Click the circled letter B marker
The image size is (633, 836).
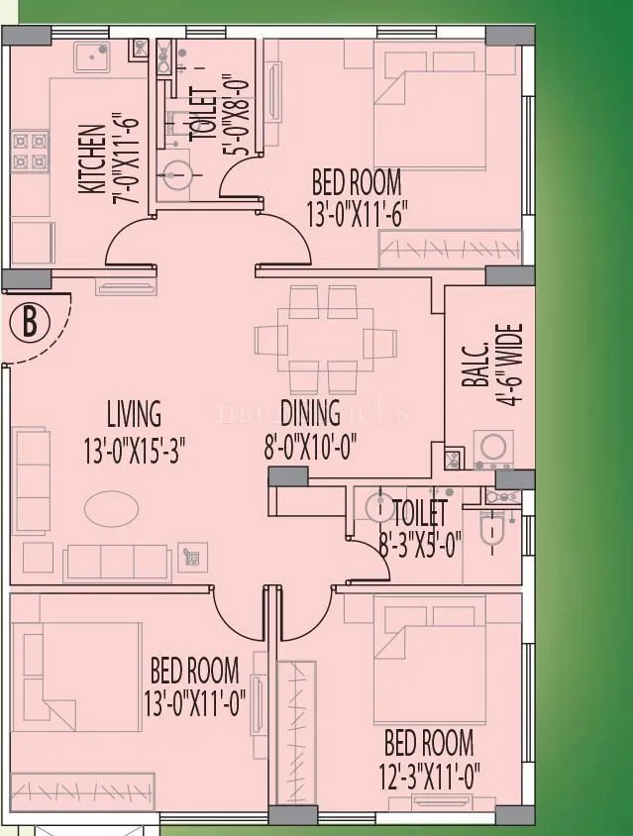click(x=31, y=322)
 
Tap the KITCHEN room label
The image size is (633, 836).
click(x=91, y=158)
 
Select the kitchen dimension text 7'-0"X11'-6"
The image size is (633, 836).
click(x=125, y=158)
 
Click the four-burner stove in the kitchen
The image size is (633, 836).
click(x=29, y=151)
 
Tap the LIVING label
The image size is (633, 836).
click(x=134, y=413)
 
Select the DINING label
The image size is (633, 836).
click(x=310, y=412)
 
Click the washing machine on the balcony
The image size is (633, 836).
click(x=492, y=449)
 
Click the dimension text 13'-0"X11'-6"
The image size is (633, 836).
click(x=358, y=214)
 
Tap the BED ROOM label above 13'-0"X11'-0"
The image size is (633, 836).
click(x=194, y=669)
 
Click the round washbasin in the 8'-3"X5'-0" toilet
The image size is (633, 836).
click(x=378, y=507)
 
